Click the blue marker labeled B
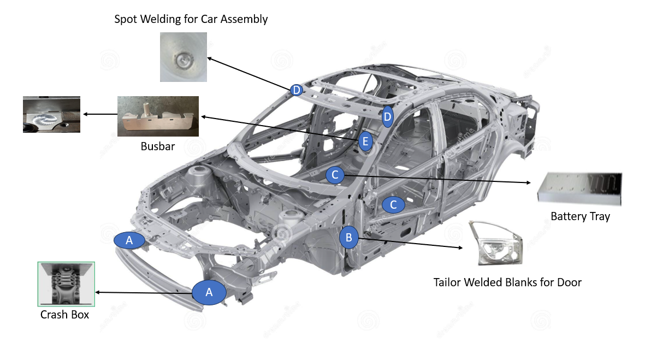point(349,238)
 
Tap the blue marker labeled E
point(366,142)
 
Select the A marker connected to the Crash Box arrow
point(209,292)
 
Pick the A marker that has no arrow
point(129,240)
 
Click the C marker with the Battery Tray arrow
point(335,175)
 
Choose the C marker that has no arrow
point(393,205)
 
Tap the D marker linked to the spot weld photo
point(297,90)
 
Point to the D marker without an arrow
point(387,117)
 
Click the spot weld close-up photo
point(184,57)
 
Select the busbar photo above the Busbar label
point(158,116)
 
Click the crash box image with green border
point(66,284)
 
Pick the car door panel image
point(495,243)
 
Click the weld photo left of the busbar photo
point(51,114)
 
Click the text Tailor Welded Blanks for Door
point(507,282)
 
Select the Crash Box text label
point(64,315)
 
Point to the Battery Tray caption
point(580,216)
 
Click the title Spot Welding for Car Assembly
point(191,19)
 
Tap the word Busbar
point(158,146)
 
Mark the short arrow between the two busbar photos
point(99,114)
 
